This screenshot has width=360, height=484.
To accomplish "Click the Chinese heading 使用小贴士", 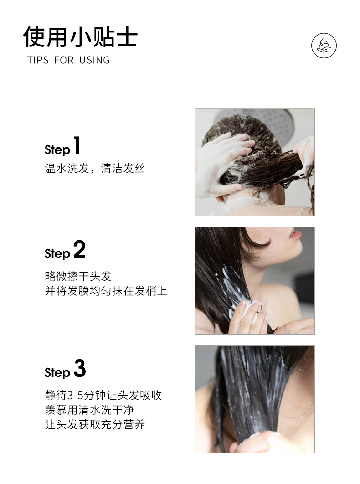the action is (x=80, y=37).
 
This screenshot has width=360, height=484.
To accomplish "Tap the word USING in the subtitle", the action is (x=94, y=60).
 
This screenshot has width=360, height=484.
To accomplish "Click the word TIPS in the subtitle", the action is (x=38, y=60).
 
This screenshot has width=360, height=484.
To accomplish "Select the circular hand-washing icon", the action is (x=324, y=46).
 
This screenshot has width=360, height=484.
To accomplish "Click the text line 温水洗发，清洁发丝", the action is (x=95, y=169).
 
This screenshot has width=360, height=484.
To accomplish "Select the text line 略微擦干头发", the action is (x=78, y=276).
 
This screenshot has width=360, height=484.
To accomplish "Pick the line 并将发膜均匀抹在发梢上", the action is (x=106, y=291).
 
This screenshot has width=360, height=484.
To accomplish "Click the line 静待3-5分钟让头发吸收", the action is (x=103, y=395).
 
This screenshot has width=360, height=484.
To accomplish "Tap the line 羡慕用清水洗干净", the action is (x=89, y=410).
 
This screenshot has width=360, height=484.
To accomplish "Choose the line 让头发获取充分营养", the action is (x=95, y=425).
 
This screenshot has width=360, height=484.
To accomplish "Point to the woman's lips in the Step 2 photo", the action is (x=295, y=234).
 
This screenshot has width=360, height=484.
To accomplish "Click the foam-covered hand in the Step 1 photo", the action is (x=221, y=164).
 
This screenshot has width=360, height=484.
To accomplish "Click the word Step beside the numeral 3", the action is (x=57, y=373).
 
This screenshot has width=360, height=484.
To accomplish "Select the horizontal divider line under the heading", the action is (x=184, y=72).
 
